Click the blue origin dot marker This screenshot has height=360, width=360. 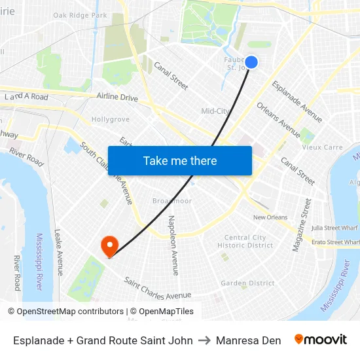pos(251,62)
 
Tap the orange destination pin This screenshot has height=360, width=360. pos(109,245)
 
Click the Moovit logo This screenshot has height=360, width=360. pos(321,340)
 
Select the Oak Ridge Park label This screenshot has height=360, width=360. pos(80,15)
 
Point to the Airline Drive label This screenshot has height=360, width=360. pos(117,98)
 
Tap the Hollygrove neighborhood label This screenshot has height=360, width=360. pos(111,120)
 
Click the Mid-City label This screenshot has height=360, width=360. pos(215,111)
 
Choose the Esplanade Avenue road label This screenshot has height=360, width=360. pos(297,101)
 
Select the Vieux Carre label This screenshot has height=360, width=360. pos(322,147)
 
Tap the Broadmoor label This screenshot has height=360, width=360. pos(172,201)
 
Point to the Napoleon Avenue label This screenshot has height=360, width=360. pos(173,245)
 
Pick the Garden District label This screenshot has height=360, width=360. pos(247,283)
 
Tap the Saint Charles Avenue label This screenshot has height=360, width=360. pos(158,289)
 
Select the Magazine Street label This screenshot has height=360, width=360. pos(302,225)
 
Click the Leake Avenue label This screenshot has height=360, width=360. pos(58,252)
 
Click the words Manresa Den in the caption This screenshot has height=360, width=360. pos(248,340)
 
